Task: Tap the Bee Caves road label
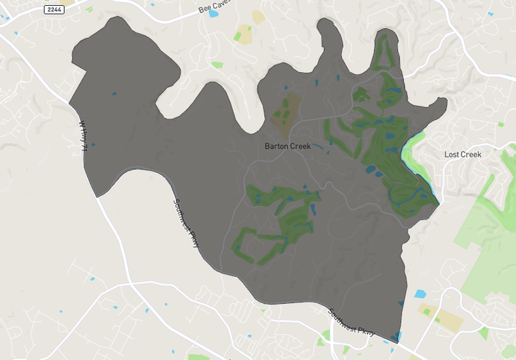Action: pyautogui.click(x=215, y=6)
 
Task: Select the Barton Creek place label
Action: pyautogui.click(x=287, y=146)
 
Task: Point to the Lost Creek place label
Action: pyautogui.click(x=462, y=154)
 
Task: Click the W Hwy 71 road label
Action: pyautogui.click(x=84, y=136)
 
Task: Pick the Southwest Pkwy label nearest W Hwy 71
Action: pyautogui.click(x=185, y=223)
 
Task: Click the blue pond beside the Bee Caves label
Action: pyautogui.click(x=214, y=14)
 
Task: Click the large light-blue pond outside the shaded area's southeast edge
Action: pyautogui.click(x=420, y=294)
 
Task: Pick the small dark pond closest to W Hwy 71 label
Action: pyautogui.click(x=114, y=94)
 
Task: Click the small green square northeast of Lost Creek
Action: pyautogui.click(x=501, y=124)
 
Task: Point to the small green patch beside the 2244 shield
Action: pyautogui.click(x=89, y=9)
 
